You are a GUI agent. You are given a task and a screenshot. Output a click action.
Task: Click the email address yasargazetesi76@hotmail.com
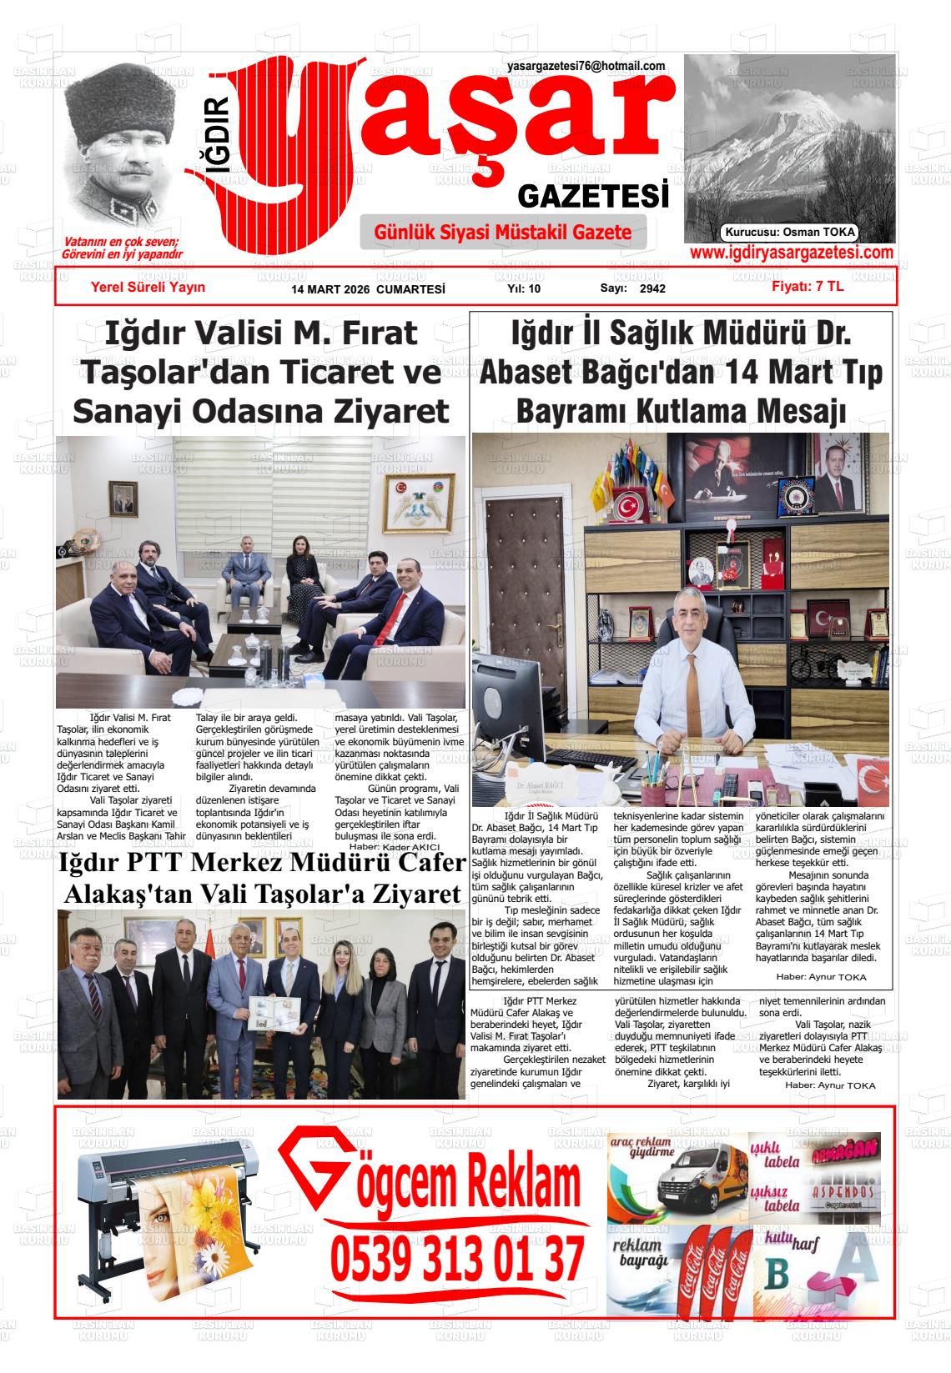(586, 67)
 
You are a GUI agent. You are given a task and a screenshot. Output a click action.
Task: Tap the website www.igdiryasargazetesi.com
(792, 253)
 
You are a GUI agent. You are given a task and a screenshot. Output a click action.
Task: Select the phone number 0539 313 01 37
(457, 1260)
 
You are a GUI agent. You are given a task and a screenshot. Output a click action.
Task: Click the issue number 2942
(652, 289)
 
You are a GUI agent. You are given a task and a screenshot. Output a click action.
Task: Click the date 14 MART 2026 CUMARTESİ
(368, 289)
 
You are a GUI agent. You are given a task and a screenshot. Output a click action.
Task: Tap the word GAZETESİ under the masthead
(593, 197)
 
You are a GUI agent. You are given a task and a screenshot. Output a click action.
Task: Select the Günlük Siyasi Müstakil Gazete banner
(503, 232)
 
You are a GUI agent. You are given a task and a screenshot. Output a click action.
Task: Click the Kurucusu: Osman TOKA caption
(790, 233)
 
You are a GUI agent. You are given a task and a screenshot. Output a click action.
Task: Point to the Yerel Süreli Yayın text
(148, 287)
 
